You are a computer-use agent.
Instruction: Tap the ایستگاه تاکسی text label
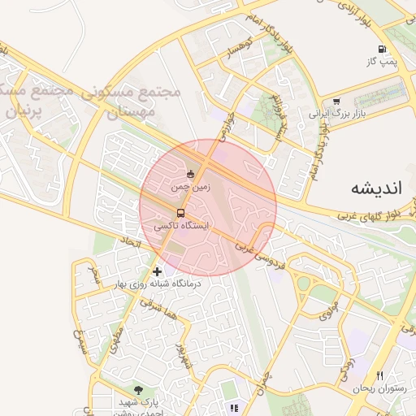pos(193,227)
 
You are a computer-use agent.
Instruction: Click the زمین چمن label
pos(190,187)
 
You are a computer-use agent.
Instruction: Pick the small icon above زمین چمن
pos(191,173)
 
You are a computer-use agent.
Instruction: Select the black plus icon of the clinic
pos(157,271)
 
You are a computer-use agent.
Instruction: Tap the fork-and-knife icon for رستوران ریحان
pos(380,375)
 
